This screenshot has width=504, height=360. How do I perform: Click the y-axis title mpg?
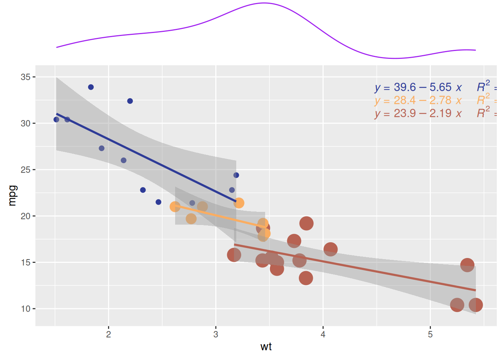coord(12,195)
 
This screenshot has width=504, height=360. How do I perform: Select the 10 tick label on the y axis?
coord(25,309)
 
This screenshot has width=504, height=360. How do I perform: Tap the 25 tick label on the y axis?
coord(25,169)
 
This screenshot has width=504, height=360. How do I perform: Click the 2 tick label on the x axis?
coord(108,334)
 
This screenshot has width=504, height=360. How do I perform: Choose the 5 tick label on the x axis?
coord(430,334)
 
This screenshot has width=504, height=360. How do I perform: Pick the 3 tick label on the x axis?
coord(216,334)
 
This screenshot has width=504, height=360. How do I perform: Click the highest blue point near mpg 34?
coord(91,87)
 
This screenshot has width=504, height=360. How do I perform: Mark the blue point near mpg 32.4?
coord(130,101)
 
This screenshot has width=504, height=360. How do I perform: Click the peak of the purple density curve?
coord(264,3)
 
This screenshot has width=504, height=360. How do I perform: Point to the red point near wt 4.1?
coord(330,249)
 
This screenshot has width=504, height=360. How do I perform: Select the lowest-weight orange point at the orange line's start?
coord(175,207)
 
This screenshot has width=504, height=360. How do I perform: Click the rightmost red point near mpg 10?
coord(475,305)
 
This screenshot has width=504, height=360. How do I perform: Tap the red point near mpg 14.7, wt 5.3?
coord(467,265)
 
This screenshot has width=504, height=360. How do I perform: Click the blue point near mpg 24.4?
coord(236,175)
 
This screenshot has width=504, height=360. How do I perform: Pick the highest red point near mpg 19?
coord(306,223)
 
